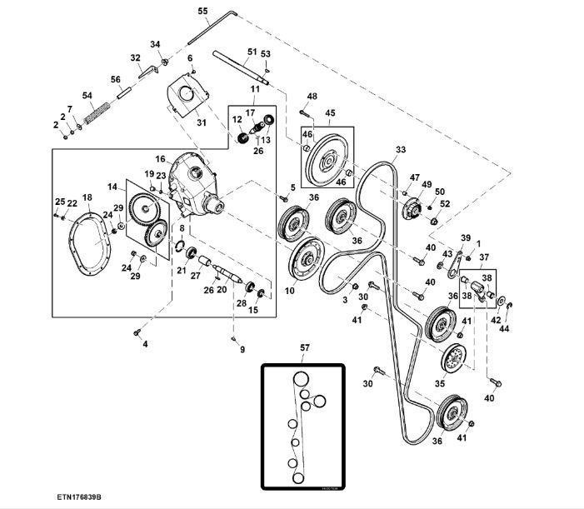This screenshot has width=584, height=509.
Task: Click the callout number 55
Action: [x=202, y=11]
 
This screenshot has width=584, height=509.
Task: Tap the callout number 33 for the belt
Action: [x=401, y=150]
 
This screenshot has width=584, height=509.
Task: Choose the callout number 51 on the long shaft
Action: [x=252, y=52]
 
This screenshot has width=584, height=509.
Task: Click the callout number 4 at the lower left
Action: [x=144, y=343]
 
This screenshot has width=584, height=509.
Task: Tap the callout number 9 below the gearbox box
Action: [x=242, y=350]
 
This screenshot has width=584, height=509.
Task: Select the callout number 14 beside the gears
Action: [x=112, y=187]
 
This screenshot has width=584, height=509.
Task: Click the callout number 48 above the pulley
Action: [x=312, y=97]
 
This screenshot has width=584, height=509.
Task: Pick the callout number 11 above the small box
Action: [x=255, y=88]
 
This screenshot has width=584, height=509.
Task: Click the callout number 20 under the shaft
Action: [x=222, y=290]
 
